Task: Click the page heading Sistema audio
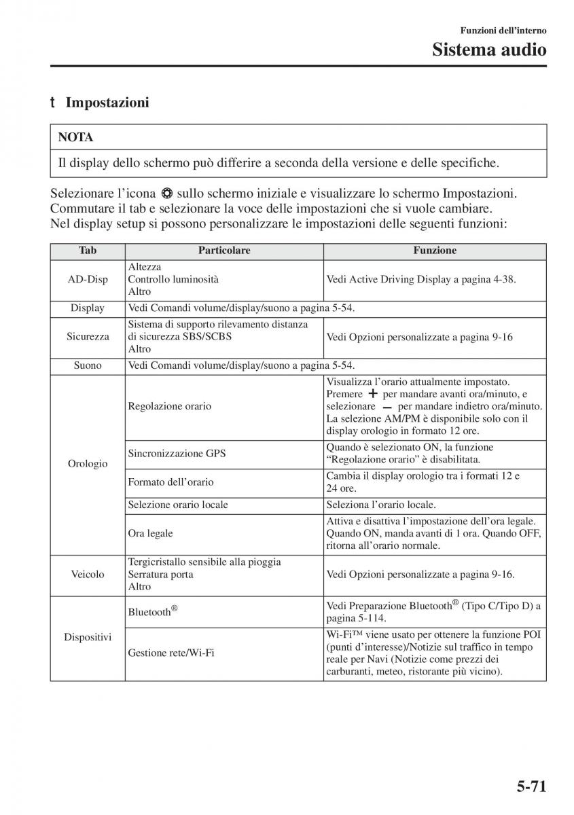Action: [489, 50]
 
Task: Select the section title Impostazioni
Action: [107, 103]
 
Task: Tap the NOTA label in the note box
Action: [76, 137]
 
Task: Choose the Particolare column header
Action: [224, 251]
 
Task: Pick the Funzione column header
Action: [435, 251]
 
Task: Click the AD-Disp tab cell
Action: [88, 279]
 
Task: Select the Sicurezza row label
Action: [88, 336]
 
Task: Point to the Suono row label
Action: [88, 365]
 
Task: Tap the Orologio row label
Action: [88, 464]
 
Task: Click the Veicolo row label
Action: [88, 574]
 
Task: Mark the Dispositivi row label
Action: [88, 637]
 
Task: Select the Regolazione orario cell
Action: [170, 406]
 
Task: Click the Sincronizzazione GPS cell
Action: [167, 453]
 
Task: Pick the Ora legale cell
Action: [151, 533]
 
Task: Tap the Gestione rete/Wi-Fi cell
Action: [171, 653]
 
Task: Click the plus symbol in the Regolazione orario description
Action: [372, 394]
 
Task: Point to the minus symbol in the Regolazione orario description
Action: [387, 407]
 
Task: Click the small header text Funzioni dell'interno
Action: [503, 31]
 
